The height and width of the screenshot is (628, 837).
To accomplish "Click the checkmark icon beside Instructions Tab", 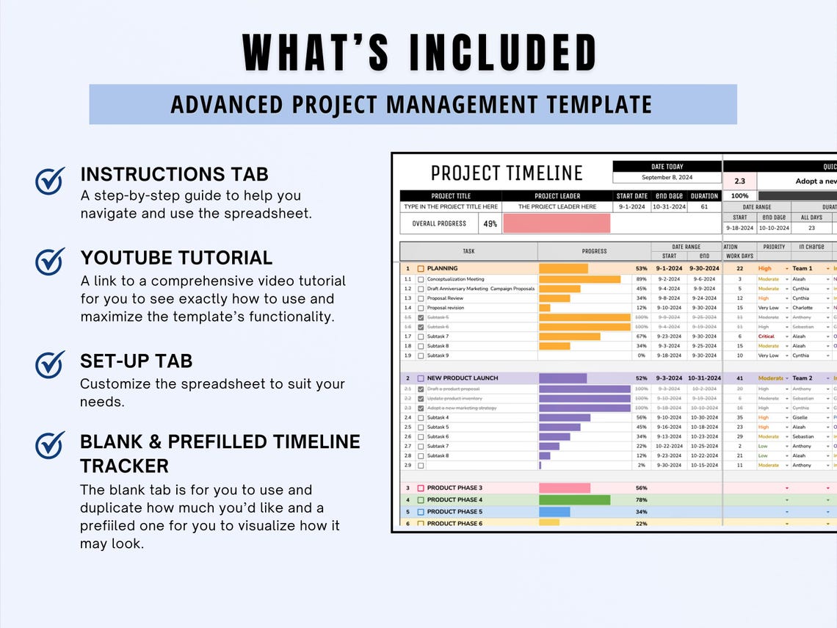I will (50, 181).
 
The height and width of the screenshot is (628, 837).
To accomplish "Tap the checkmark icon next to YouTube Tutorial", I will (50, 261).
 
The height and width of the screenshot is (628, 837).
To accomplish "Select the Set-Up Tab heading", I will (136, 361).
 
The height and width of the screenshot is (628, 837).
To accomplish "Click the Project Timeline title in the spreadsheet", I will (506, 173).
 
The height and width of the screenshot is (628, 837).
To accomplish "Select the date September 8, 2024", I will (667, 178).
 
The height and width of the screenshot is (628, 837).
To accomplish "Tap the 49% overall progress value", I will (490, 223).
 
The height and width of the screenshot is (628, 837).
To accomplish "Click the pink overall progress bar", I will (557, 223).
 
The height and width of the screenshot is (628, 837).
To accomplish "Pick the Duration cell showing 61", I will (704, 207).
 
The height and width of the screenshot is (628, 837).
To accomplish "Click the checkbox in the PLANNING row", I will (421, 269).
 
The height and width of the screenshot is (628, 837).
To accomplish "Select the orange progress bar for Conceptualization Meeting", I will (579, 279).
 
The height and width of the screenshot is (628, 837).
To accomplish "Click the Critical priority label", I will (767, 336).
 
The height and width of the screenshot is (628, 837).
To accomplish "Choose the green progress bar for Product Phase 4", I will (574, 499).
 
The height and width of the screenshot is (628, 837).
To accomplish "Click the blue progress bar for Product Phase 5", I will (554, 511).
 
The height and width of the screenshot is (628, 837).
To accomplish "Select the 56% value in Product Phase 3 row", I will (641, 488).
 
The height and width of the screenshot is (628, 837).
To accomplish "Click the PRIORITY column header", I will (774, 247).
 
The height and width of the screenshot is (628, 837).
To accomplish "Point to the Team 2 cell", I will (802, 378).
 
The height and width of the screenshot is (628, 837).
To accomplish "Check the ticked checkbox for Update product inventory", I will (421, 398).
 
